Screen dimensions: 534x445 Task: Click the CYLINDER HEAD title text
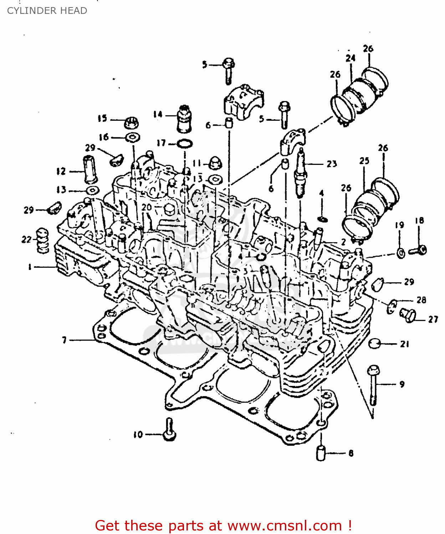pyautogui.click(x=47, y=11)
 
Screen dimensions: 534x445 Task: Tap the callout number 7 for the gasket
pyautogui.click(x=64, y=340)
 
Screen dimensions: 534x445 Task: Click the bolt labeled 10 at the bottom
pyautogui.click(x=169, y=429)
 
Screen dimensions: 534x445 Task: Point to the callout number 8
pyautogui.click(x=351, y=453)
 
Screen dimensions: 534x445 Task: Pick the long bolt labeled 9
pyautogui.click(x=373, y=384)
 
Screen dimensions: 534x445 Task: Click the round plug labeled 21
pyautogui.click(x=374, y=344)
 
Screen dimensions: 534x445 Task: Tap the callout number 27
pyautogui.click(x=433, y=319)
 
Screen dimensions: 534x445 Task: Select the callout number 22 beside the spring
pyautogui.click(x=26, y=240)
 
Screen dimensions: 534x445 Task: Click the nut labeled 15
pyautogui.click(x=131, y=123)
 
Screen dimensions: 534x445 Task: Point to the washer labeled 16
pyautogui.click(x=133, y=137)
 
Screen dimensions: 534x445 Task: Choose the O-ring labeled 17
pyautogui.click(x=185, y=143)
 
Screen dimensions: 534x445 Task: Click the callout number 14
pyautogui.click(x=158, y=114)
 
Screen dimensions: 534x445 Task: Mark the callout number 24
pyautogui.click(x=351, y=58)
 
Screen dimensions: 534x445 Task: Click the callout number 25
pyautogui.click(x=364, y=161)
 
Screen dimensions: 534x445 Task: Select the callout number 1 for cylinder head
pyautogui.click(x=30, y=267)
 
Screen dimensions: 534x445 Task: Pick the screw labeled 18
pyautogui.click(x=418, y=250)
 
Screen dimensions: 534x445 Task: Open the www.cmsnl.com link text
pyautogui.click(x=285, y=526)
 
